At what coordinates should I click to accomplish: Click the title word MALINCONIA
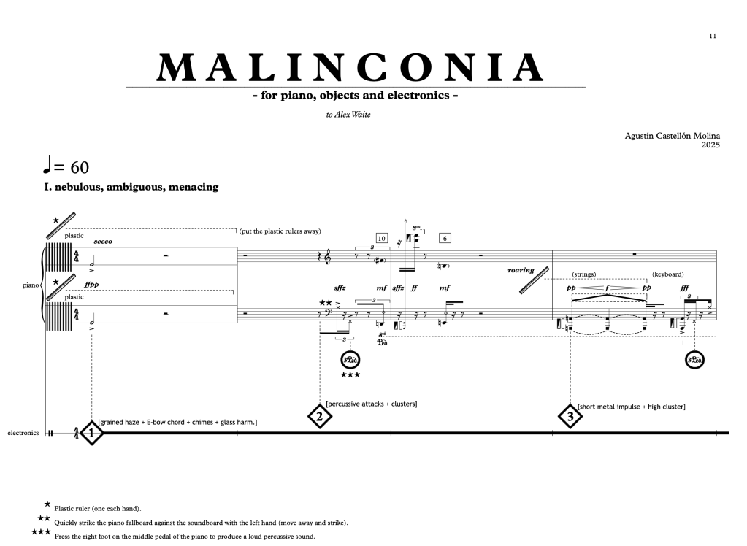pos(351,68)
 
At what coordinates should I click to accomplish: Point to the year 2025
pos(710,145)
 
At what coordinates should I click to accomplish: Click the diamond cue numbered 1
pos(91,433)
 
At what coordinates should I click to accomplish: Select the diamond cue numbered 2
pos(320,416)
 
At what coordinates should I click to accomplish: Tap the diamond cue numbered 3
pos(570,417)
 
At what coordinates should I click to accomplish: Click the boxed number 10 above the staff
pos(382,238)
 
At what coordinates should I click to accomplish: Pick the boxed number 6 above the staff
pos(445,238)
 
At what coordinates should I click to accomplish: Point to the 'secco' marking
pos(103,242)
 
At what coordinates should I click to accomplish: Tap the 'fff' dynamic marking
pos(684,288)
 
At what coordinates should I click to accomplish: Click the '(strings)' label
pos(585,274)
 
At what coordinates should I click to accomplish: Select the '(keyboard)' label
pos(668,274)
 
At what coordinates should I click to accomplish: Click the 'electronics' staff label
pos(23,433)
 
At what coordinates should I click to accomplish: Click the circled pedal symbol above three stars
pos(350,360)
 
